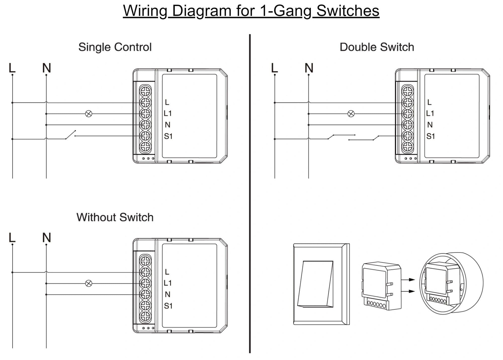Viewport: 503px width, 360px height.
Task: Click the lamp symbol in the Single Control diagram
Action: (x=89, y=114)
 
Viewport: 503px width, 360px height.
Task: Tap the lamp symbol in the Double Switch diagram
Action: (x=351, y=114)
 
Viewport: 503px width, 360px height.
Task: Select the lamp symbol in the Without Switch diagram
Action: (x=89, y=283)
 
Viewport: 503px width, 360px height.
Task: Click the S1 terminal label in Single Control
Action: (x=168, y=136)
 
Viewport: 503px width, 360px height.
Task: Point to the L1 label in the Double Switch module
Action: (x=430, y=113)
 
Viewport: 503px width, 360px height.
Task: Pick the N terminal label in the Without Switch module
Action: (x=168, y=294)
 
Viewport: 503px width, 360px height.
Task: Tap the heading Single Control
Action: (x=115, y=47)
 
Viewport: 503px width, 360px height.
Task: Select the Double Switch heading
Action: (x=377, y=47)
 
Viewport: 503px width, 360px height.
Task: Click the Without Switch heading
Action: (x=115, y=217)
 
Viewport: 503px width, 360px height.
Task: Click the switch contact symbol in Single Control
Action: (x=71, y=135)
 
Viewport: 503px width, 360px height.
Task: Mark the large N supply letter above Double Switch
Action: (x=309, y=68)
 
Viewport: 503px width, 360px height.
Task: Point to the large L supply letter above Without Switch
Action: (x=12, y=238)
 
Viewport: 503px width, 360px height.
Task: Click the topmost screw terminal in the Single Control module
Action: (x=145, y=91)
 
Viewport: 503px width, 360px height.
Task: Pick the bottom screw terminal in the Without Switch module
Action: (x=145, y=316)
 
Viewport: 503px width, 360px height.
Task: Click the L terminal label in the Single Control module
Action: (x=167, y=102)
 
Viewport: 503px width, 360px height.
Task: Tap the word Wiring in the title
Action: (x=145, y=11)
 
